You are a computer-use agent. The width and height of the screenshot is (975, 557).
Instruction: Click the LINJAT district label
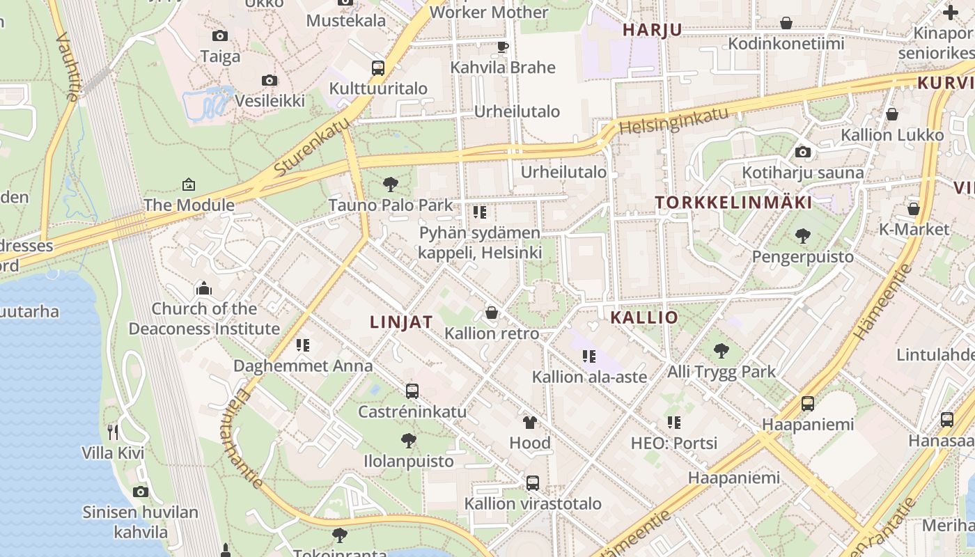click(x=401, y=322)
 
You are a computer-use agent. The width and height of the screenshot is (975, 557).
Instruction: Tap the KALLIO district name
click(x=643, y=317)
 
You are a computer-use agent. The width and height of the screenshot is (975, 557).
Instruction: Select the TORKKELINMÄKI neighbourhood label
click(x=733, y=203)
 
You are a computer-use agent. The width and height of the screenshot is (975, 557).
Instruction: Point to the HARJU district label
click(x=652, y=30)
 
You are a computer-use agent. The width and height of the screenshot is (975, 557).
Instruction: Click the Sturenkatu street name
click(x=311, y=147)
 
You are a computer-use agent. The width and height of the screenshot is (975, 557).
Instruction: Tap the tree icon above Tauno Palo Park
click(x=391, y=185)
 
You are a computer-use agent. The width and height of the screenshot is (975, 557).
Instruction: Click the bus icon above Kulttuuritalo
click(x=378, y=68)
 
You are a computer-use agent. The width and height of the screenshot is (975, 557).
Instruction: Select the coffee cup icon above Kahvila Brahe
click(x=502, y=47)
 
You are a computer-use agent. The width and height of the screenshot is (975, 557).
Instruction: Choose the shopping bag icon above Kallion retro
click(x=492, y=313)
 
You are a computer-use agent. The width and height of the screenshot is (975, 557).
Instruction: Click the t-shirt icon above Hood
click(x=530, y=422)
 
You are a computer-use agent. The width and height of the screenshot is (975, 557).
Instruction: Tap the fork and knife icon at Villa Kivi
click(x=113, y=432)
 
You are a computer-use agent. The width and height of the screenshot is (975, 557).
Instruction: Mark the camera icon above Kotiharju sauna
click(x=803, y=152)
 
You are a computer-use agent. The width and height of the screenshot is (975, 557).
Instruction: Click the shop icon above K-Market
click(x=914, y=208)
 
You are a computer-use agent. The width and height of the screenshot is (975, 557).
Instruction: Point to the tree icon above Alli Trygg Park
click(x=721, y=350)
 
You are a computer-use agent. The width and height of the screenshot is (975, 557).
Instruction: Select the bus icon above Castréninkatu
click(x=412, y=391)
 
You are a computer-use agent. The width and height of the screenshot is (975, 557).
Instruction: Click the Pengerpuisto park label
click(x=802, y=257)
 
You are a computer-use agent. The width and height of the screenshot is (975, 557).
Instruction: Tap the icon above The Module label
click(x=188, y=185)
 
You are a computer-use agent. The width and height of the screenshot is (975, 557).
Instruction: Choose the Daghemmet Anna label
click(x=303, y=366)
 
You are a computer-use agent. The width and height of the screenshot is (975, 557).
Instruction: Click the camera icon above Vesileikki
click(x=270, y=80)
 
